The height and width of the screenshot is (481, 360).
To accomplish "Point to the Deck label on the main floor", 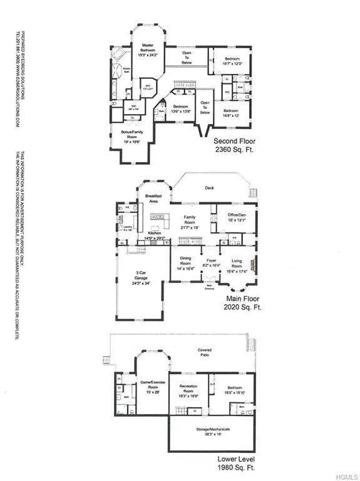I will click(x=209, y=187).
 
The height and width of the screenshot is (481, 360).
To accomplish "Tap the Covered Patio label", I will click(x=204, y=353).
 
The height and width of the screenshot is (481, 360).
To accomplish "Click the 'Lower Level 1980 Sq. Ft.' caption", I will click(x=235, y=463).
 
